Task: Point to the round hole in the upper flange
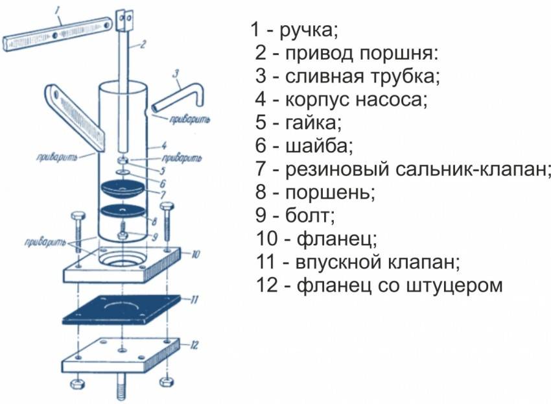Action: pyautogui.click(x=124, y=257)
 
